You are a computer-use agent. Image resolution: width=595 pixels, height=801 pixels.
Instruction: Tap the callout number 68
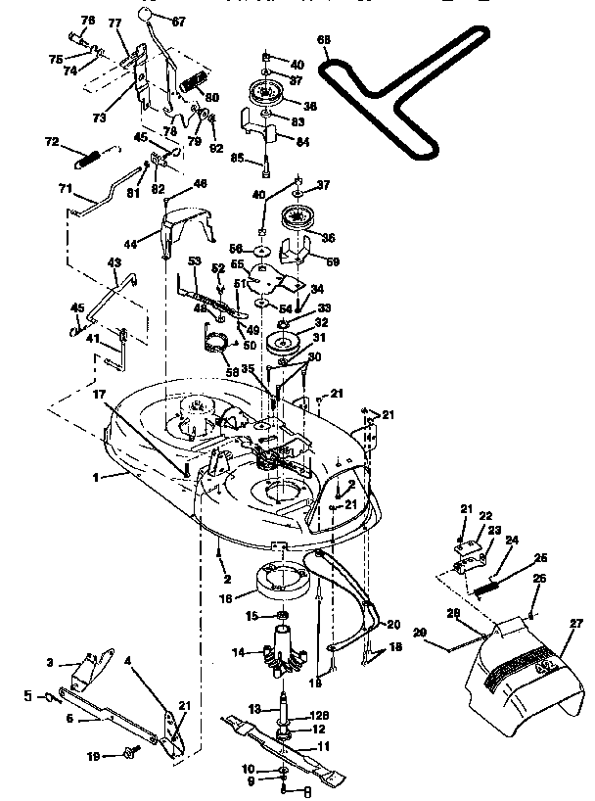coord(323,40)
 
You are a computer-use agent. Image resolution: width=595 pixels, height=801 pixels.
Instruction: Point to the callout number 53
coord(194,261)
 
